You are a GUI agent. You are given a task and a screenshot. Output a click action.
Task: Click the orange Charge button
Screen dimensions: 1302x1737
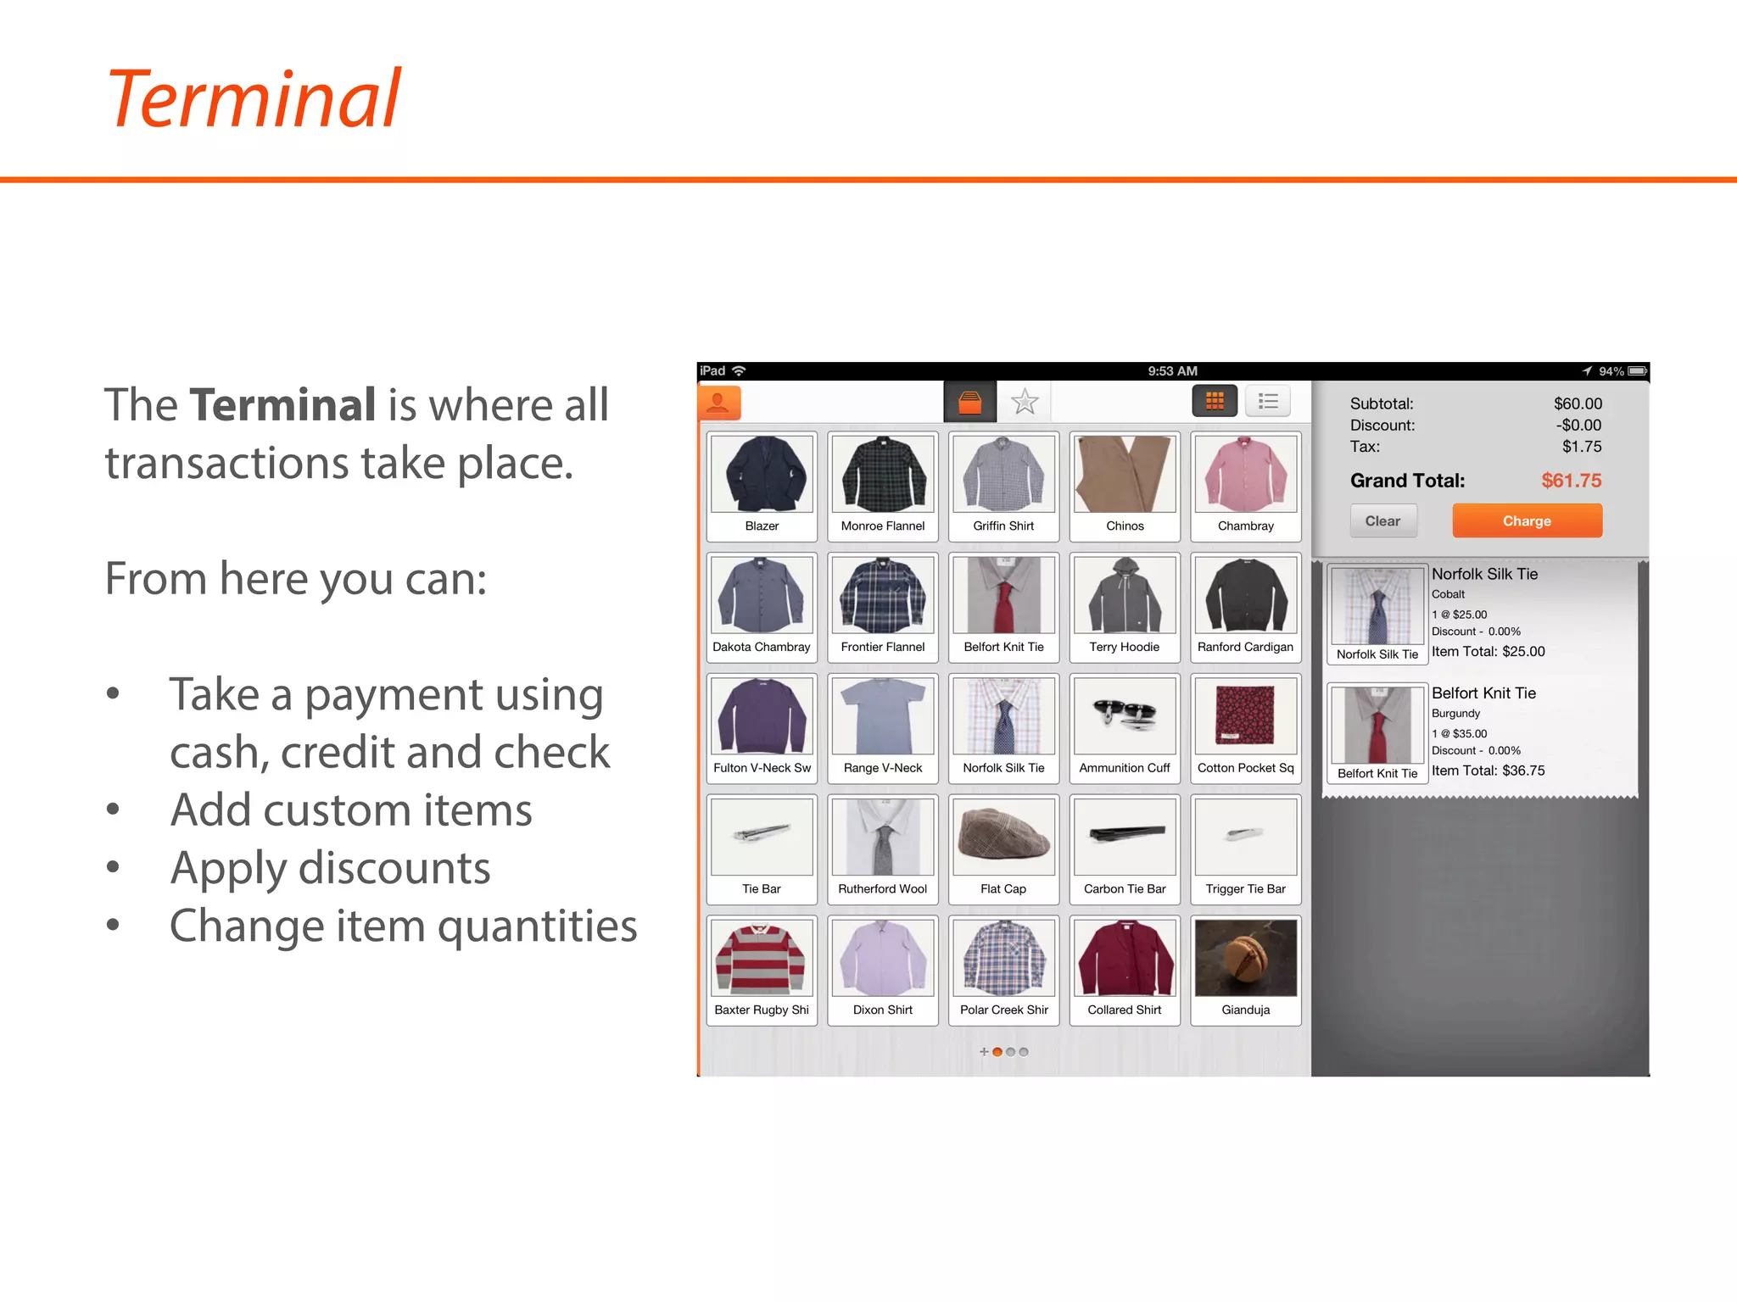tap(1527, 520)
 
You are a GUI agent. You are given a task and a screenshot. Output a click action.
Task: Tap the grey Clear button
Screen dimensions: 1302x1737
tap(1382, 520)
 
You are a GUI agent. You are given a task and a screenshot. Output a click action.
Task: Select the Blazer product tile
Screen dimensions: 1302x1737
tap(762, 486)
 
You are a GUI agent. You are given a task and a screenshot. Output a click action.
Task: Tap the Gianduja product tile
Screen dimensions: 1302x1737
tap(1245, 970)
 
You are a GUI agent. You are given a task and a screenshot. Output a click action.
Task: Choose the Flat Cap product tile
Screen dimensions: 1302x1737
tap(1003, 849)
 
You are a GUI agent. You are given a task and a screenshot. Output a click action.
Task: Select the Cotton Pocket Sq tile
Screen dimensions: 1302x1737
tap(1245, 728)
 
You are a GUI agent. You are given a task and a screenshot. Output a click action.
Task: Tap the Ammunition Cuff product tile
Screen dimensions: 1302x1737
tap(1125, 728)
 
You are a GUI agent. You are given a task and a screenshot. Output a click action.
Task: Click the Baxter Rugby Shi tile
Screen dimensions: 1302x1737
tap(762, 970)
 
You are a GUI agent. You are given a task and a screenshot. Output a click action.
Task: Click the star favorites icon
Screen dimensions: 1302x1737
tap(1025, 402)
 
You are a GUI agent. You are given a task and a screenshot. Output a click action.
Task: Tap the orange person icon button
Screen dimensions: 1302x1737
tap(718, 403)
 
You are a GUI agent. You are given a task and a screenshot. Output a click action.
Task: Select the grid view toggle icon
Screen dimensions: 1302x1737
tap(1215, 401)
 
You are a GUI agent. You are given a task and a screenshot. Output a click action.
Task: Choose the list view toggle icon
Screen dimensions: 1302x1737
tap(1268, 401)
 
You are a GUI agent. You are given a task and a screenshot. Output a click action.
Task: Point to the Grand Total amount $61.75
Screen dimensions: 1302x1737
tap(1571, 481)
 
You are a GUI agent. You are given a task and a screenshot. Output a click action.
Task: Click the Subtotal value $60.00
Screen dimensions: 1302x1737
tap(1578, 403)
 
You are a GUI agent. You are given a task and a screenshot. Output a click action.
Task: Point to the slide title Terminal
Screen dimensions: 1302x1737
tap(254, 99)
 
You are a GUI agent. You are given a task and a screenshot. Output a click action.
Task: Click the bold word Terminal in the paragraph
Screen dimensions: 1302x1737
tap(282, 404)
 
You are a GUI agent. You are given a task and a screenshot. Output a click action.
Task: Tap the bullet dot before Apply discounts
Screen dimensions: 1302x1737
tap(113, 867)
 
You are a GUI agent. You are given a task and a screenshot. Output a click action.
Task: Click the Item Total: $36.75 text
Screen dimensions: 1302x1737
tap(1488, 771)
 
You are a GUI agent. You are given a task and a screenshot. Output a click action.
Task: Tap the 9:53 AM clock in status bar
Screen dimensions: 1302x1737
tap(1172, 371)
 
